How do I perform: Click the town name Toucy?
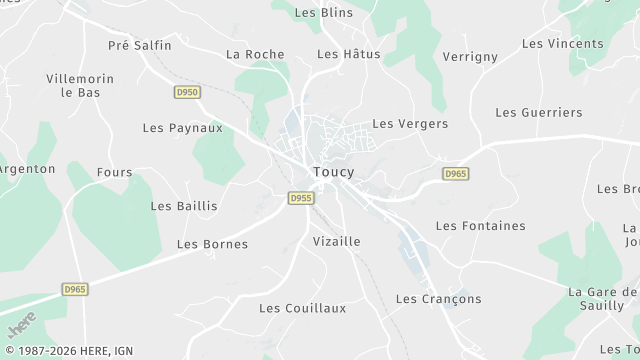click(333, 172)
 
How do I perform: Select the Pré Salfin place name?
click(140, 45)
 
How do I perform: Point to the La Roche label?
click(255, 54)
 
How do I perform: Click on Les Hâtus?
click(348, 54)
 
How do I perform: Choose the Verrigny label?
click(470, 57)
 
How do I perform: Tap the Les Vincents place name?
click(563, 44)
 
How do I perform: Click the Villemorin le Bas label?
click(80, 85)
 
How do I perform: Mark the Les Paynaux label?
click(182, 128)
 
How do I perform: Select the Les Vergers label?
click(410, 124)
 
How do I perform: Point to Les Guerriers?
click(538, 113)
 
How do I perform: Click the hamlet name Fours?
click(114, 173)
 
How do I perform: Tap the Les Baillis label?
click(184, 206)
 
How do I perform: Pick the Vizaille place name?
click(336, 242)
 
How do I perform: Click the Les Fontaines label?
click(480, 226)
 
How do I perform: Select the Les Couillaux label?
click(302, 308)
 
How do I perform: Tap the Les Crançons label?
click(438, 299)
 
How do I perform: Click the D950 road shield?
click(187, 92)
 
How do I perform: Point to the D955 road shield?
click(301, 198)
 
